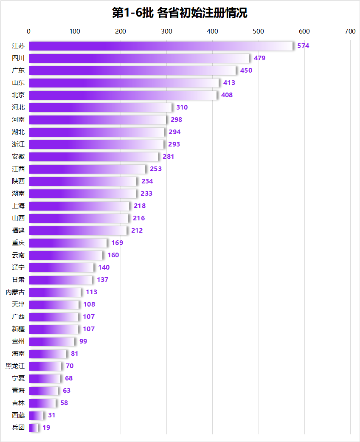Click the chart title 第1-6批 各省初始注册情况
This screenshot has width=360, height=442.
[180, 13]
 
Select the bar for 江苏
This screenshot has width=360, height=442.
[161, 46]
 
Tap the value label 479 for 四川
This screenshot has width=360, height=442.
[259, 58]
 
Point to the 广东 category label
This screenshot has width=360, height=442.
[18, 70]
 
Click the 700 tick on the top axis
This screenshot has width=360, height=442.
[350, 31]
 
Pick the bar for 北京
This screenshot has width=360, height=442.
[123, 95]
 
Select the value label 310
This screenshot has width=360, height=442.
[182, 107]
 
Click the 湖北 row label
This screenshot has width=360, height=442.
[18, 132]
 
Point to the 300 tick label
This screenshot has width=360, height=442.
[166, 31]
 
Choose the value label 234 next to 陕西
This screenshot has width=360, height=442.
[147, 181]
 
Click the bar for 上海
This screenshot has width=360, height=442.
[79, 206]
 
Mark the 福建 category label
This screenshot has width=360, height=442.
[18, 231]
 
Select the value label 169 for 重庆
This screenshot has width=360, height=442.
[117, 243]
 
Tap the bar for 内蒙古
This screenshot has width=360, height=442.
[55, 292]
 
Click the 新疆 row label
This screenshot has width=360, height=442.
[18, 329]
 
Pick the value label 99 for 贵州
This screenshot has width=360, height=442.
[83, 341]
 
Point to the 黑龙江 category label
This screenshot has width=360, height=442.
[15, 366]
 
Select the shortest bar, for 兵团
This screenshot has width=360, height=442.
[34, 428]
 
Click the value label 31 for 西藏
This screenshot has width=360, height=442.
[51, 415]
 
